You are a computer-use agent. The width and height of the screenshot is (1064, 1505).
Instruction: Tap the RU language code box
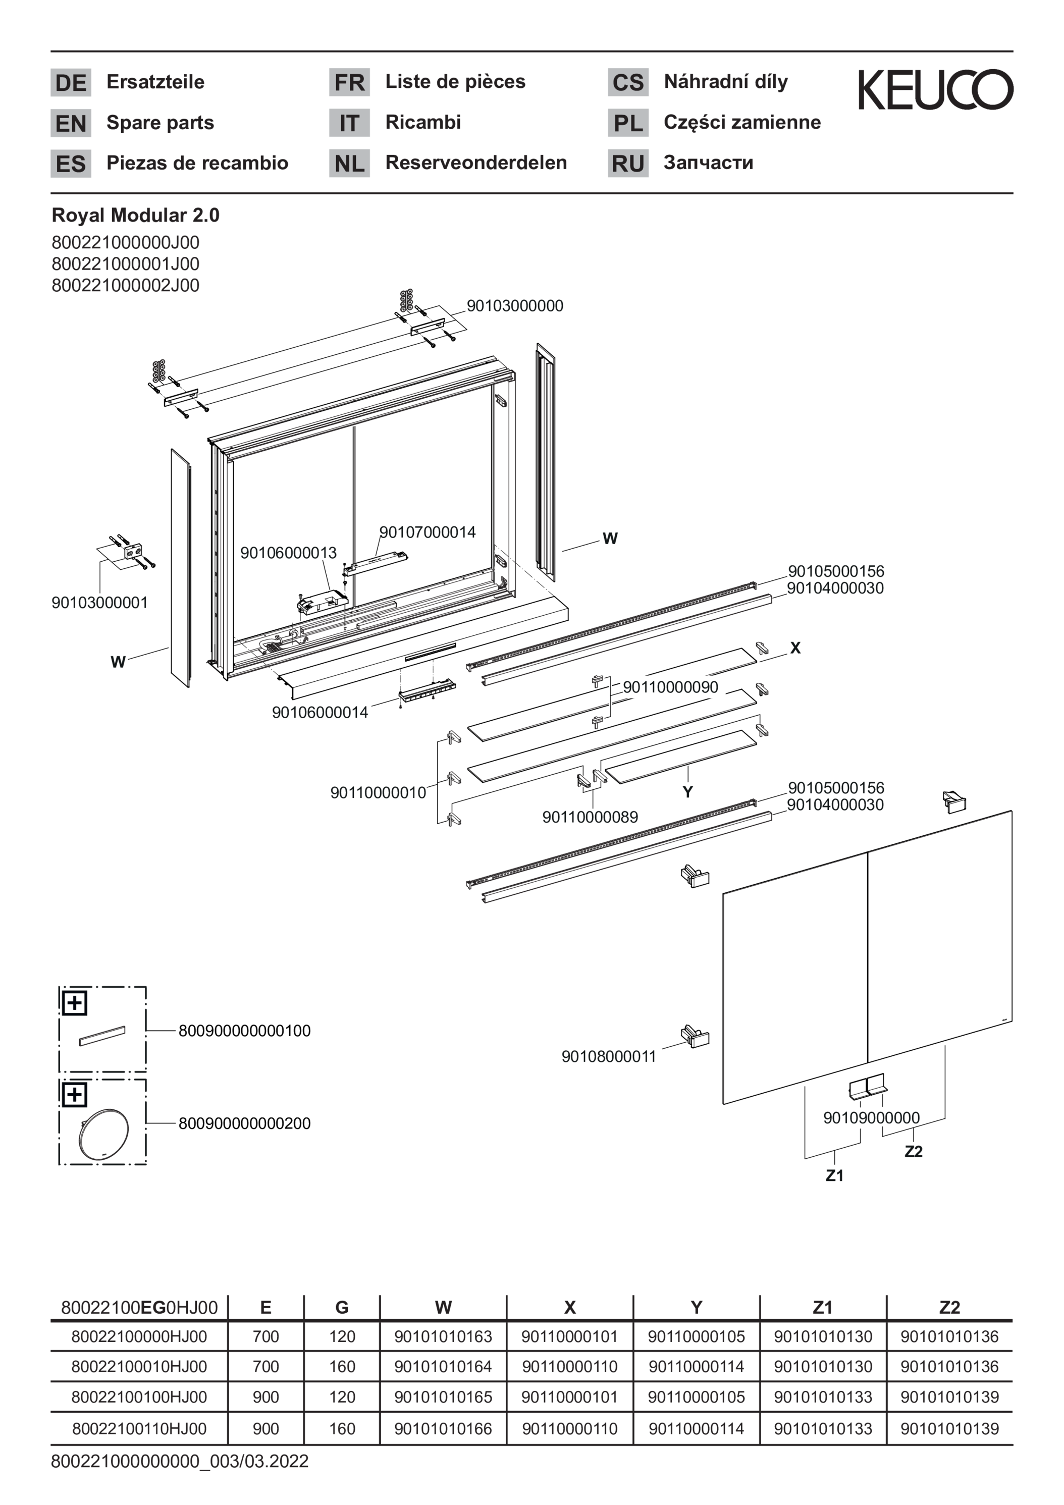tap(627, 163)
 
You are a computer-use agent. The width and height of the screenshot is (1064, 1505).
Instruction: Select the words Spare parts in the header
tap(160, 123)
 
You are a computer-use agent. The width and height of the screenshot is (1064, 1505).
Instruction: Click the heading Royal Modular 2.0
tap(136, 215)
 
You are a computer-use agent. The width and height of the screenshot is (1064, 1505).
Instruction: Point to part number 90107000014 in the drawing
tap(428, 532)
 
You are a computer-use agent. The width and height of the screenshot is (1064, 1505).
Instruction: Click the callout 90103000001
tap(99, 603)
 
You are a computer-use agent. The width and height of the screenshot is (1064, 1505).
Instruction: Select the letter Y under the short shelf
tap(687, 792)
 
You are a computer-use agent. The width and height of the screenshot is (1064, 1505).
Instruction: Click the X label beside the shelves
tap(795, 648)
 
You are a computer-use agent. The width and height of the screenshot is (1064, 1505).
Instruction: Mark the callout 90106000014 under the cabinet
tap(320, 713)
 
